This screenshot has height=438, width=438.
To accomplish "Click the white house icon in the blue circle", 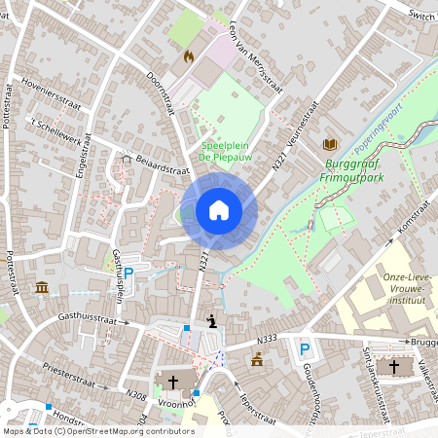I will click(x=219, y=209).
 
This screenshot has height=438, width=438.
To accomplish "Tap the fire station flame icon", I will click(x=188, y=56).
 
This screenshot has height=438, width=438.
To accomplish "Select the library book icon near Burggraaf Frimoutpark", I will click(x=329, y=144).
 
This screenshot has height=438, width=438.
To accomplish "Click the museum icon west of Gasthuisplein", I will click(x=42, y=288).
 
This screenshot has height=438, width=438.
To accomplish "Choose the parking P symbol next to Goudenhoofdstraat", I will click(x=305, y=348).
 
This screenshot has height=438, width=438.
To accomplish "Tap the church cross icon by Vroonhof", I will click(x=174, y=381).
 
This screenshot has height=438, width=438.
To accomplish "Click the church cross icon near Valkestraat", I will click(x=394, y=367).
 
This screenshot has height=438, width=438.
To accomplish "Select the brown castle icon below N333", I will click(x=257, y=359).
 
